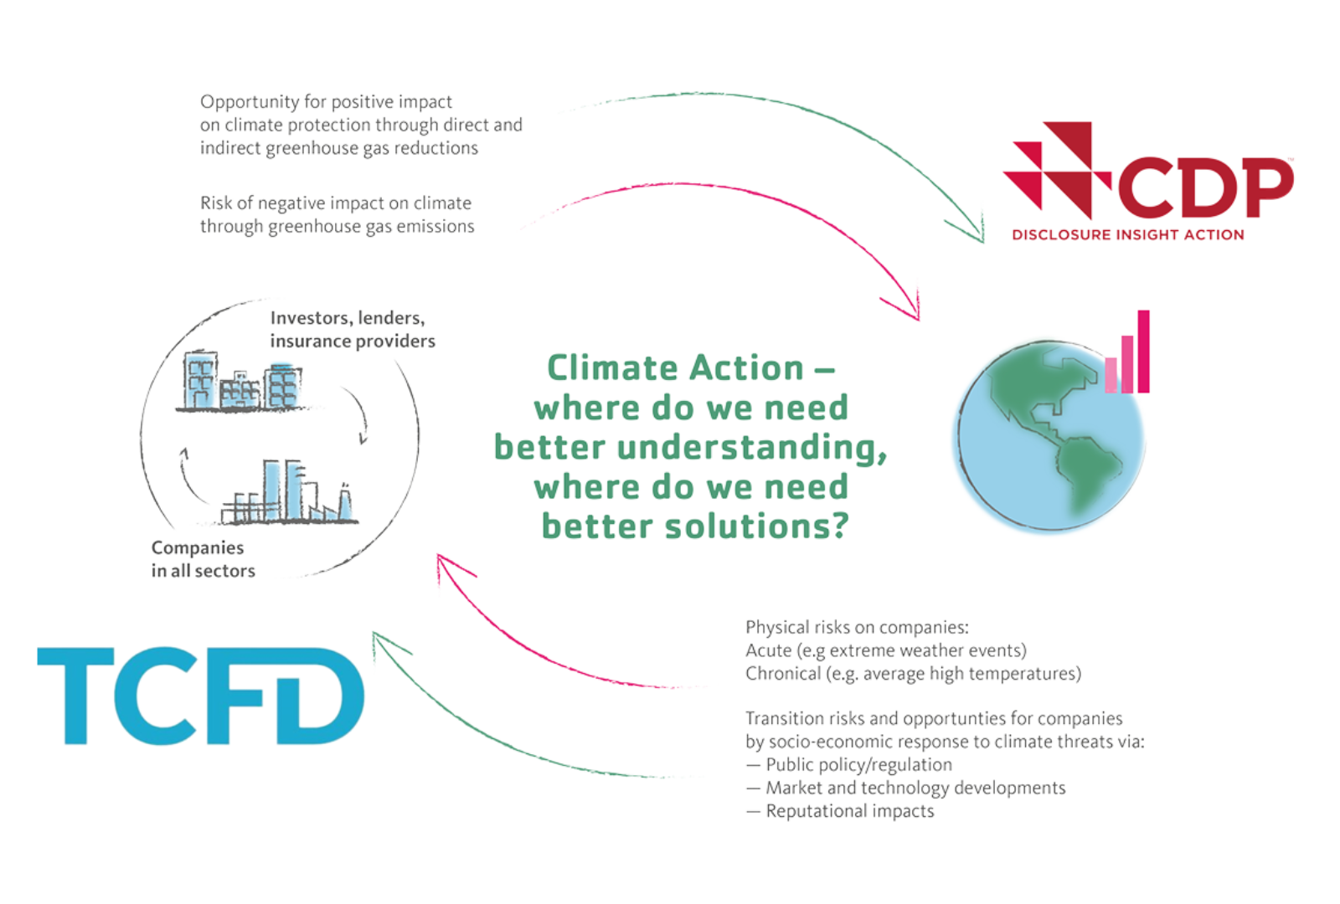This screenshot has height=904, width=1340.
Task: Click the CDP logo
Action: (x=1147, y=180)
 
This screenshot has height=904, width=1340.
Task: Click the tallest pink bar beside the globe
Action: (x=1143, y=352)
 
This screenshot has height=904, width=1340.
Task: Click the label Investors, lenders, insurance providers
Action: (x=352, y=331)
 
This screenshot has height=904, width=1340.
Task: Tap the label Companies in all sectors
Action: (x=202, y=560)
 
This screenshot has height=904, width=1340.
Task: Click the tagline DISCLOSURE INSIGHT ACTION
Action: (x=1127, y=235)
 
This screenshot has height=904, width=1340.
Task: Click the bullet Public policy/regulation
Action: (x=858, y=765)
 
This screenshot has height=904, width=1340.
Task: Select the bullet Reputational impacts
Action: (x=849, y=811)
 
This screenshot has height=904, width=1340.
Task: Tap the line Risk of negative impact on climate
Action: (x=336, y=203)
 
